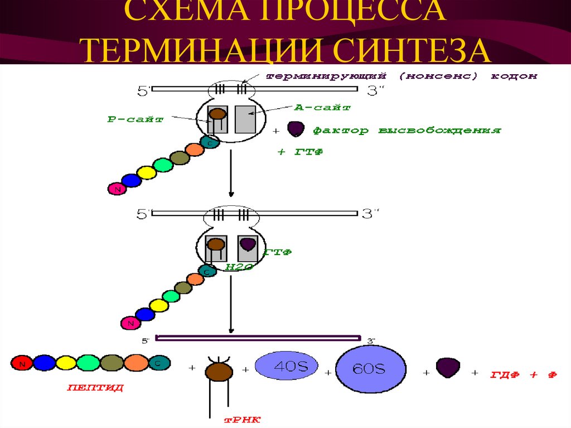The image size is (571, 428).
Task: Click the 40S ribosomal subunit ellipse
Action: point(286,367)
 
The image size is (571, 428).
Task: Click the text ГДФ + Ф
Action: point(523,374)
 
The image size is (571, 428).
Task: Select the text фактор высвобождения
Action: point(406,131)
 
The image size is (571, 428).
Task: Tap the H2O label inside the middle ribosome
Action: point(239,267)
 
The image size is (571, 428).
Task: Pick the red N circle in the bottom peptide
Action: point(22,363)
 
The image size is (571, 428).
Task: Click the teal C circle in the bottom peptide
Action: point(158,363)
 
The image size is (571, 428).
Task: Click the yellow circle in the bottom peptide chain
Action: point(66,363)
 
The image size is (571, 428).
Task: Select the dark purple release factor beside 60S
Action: point(448,368)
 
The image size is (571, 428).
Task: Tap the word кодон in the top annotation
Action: point(514,76)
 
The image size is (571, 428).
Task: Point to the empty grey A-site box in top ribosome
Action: point(245,118)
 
